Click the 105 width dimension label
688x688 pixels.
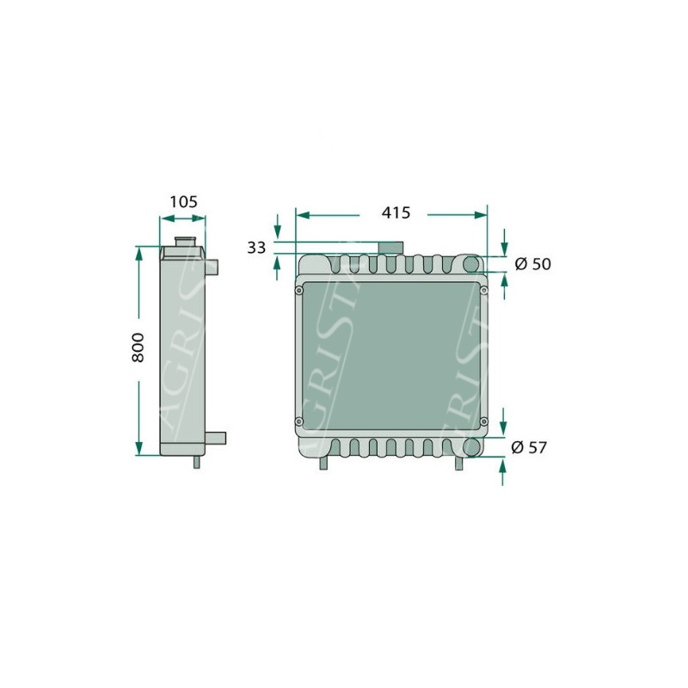183,202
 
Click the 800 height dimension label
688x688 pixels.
138,347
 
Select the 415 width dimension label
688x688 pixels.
396,212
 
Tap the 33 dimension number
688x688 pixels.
256,248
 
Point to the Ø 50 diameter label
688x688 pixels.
532,264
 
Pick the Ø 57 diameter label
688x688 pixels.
529,447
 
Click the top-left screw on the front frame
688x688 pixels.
298,291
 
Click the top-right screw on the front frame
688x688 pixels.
484,290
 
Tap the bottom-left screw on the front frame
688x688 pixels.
298,421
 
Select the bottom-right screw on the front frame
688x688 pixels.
483,421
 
